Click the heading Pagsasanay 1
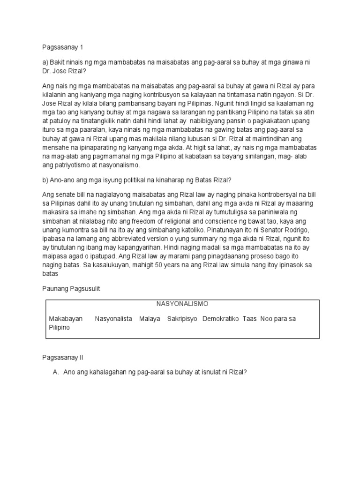coord(59,47)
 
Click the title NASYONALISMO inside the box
coord(182,304)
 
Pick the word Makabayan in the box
coord(66,319)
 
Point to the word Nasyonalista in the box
coord(113,319)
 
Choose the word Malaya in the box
coord(150,319)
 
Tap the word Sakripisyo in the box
coord(182,319)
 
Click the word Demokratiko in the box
coord(220,319)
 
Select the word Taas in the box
coord(250,319)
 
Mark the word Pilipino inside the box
coord(59,328)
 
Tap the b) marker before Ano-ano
coord(45,180)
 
